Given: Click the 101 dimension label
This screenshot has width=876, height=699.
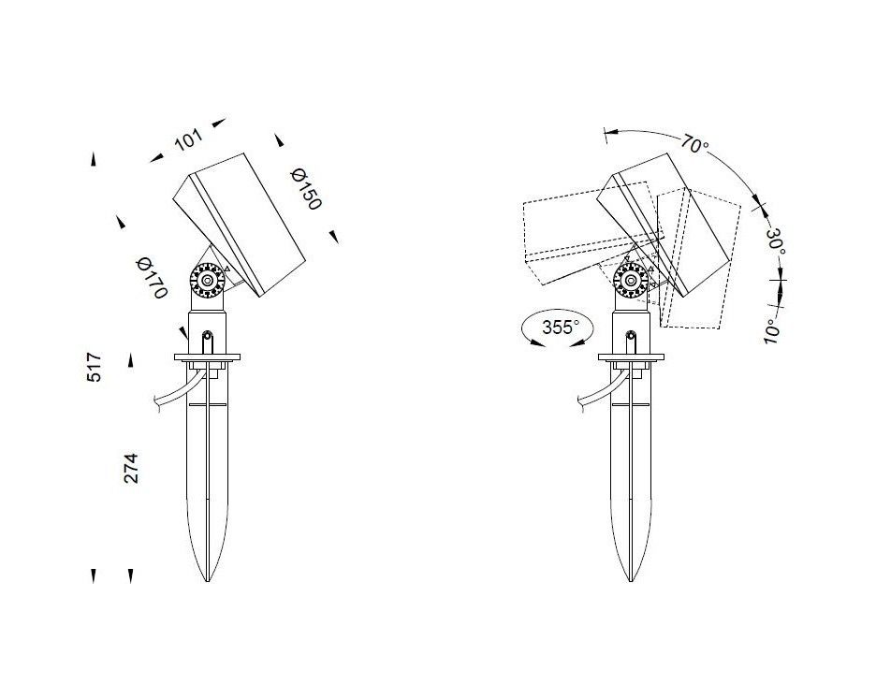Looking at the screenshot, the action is tap(188, 139).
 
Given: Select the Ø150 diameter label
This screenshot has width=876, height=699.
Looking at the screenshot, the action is tap(306, 190).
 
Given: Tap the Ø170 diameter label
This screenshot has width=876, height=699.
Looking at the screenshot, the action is tap(152, 278).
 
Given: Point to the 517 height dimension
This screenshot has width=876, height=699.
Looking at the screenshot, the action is tap(95, 367).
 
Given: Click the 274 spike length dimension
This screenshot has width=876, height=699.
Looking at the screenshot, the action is tap(130, 468).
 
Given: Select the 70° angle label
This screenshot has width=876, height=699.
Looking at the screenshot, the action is tap(693, 143).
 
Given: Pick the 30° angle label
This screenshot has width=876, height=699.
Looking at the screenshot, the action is tap(776, 240).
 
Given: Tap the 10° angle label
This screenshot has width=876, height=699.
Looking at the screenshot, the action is tap(771, 331).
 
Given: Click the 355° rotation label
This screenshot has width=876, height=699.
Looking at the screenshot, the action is tap(561, 327).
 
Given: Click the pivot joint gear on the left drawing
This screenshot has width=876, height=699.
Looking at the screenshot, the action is tap(207, 280).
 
